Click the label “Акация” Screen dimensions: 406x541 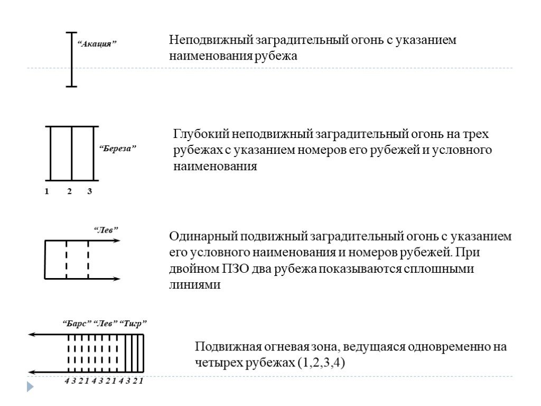[x=96, y=44]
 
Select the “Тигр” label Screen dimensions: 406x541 [x=133, y=324]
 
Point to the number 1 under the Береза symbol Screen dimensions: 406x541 [x=46, y=191]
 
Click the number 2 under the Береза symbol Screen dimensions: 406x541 [x=69, y=191]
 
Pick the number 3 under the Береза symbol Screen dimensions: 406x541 [x=90, y=191]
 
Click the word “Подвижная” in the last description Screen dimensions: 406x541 [x=228, y=347]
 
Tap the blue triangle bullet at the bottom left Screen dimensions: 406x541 [x=30, y=387]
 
